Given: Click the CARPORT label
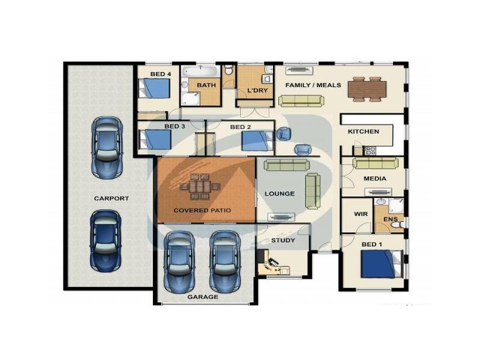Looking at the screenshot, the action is point(112,199).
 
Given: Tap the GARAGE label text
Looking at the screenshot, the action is point(203,297).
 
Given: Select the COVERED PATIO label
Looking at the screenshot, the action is point(202,211).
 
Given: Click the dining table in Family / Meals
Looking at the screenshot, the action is point(367,89).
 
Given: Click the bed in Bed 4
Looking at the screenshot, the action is point(154,88).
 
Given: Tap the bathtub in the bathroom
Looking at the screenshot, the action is point(201,71).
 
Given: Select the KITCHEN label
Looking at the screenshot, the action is point(364,131).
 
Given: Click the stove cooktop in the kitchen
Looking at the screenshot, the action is point(370,151).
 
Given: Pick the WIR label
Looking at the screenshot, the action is point(361,214).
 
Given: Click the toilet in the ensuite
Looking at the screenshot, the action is point(397,225).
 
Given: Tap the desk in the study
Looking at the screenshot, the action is point(273,266).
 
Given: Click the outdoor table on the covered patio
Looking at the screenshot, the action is point(200,187).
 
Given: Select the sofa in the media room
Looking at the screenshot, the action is point(376,163).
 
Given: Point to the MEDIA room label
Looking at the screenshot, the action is point(374,178).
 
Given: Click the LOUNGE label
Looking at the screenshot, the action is point(280,194).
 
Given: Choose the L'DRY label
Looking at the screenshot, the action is point(257,91).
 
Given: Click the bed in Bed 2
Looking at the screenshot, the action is point(257,141).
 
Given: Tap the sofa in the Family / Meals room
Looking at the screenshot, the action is point(301,101).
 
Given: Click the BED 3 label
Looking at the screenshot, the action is point(175,127).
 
